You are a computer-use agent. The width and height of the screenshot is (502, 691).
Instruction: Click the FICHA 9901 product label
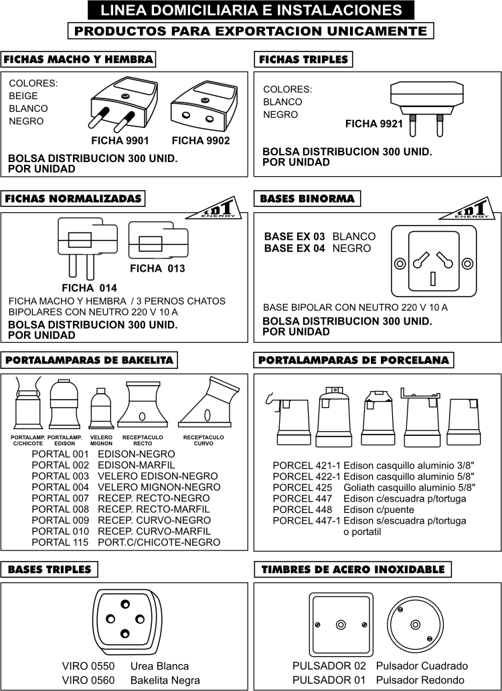coord(120,141)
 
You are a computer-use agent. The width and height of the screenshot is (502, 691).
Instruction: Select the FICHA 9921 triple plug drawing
coord(426,104)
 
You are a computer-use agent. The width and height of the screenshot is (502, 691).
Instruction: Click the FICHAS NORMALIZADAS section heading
coord(73,199)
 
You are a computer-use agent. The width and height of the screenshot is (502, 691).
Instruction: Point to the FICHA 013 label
coord(157,268)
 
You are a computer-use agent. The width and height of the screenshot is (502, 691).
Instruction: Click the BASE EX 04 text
coord(295,248)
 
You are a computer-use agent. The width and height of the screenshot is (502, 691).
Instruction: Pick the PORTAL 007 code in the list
coord(60,498)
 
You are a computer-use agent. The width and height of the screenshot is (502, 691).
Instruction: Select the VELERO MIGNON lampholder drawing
coord(100,408)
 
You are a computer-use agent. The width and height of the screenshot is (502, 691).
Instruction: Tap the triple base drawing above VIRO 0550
coord(125,618)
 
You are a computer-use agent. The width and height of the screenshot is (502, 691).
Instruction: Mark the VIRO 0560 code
coord(88,680)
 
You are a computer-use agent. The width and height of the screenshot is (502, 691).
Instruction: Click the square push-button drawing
coord(341,625)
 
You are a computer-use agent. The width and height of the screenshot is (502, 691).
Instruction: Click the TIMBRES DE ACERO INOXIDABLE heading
coord(353,570)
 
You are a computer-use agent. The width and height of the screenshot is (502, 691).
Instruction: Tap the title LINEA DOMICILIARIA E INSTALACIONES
coord(251,10)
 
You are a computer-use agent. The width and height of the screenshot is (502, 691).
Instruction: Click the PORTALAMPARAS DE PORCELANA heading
coord(353,360)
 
